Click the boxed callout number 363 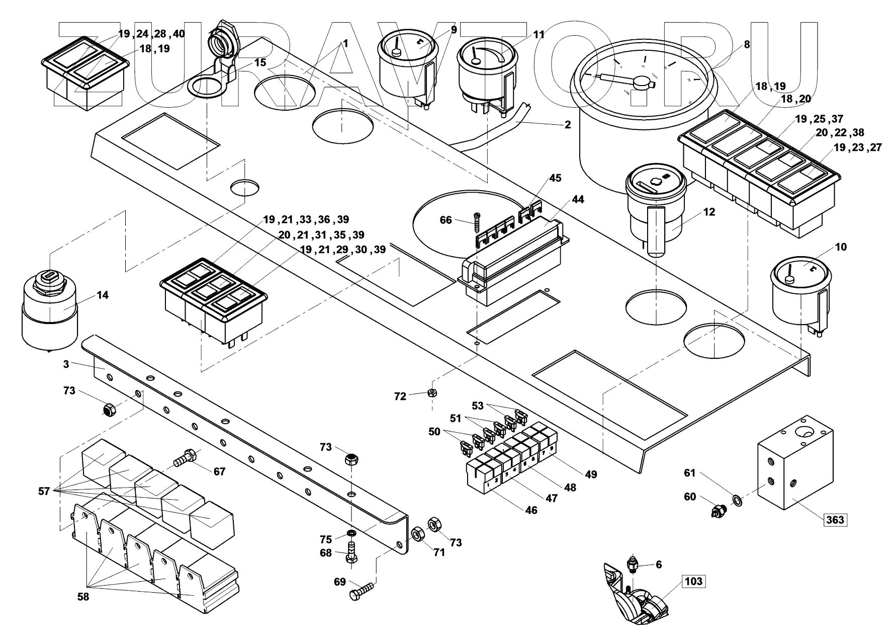tap(835, 519)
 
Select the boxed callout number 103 tap(694, 582)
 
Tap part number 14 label tap(103, 295)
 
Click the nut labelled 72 tap(431, 393)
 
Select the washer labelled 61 tap(737, 500)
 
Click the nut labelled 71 tap(417, 534)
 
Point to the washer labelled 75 tap(351, 532)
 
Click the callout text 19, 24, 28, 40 tap(151, 34)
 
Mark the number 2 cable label tap(567, 125)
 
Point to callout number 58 tap(83, 597)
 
